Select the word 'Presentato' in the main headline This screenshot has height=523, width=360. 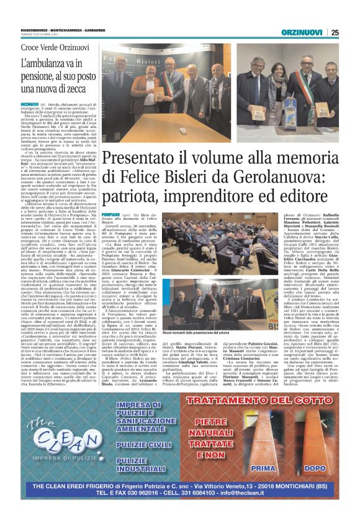point(130,158)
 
